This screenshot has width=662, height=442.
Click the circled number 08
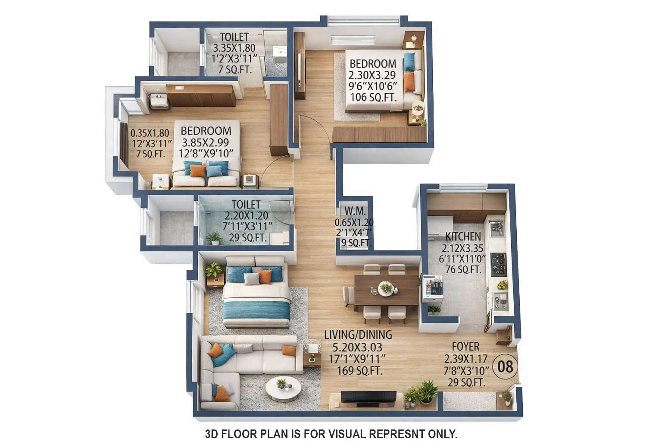tap(505, 366)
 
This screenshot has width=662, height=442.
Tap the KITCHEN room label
tap(463, 237)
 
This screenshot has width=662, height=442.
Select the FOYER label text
tap(465, 347)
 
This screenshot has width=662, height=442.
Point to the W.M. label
tap(355, 211)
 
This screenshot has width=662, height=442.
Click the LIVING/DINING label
tap(358, 335)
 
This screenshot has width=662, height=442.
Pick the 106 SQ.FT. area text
tap(373, 97)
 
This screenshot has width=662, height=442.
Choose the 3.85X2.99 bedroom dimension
tap(206, 142)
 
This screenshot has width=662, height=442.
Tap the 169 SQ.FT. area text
tap(358, 370)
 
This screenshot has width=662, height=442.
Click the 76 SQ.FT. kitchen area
tap(463, 269)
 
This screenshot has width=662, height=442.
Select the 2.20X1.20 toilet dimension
tap(246, 215)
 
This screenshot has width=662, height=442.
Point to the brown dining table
tap(386, 289)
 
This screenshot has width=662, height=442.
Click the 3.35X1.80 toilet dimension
tap(234, 48)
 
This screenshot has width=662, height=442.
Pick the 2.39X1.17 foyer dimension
tap(465, 359)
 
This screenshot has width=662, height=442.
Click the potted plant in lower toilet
tap(214, 238)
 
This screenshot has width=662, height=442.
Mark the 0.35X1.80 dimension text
tap(150, 133)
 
